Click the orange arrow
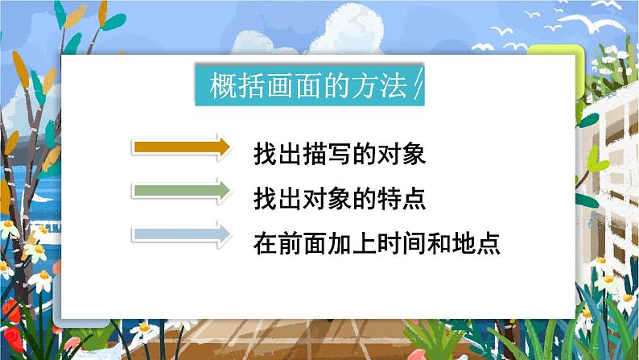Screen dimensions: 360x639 (x=182, y=147)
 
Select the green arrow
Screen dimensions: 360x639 (x=182, y=191)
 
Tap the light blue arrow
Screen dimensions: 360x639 (x=182, y=234)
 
